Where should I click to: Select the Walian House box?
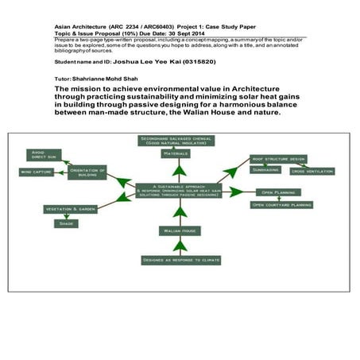pyautogui.click(x=180, y=230)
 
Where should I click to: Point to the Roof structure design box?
pyautogui.click(x=277, y=159)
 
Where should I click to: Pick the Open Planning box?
pyautogui.click(x=276, y=192)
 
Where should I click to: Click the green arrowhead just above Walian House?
pyautogui.click(x=180, y=215)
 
